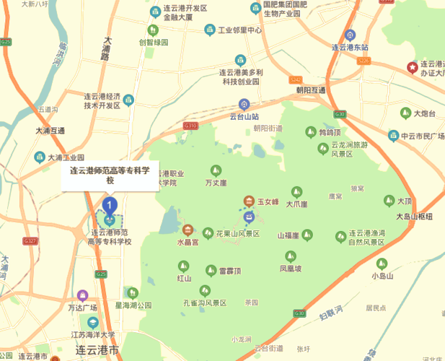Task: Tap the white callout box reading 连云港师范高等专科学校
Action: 110,175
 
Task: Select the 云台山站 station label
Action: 244,116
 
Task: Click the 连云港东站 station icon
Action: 349,35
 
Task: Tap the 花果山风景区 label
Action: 237,234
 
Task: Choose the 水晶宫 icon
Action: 188,230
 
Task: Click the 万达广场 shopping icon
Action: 82,295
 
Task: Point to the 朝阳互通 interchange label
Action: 311,90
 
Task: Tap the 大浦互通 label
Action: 50,131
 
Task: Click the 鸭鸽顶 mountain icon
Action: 311,132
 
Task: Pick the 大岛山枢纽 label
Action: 414,216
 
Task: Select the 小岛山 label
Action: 382,276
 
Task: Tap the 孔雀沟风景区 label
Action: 205,303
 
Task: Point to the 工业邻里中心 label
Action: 239,30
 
